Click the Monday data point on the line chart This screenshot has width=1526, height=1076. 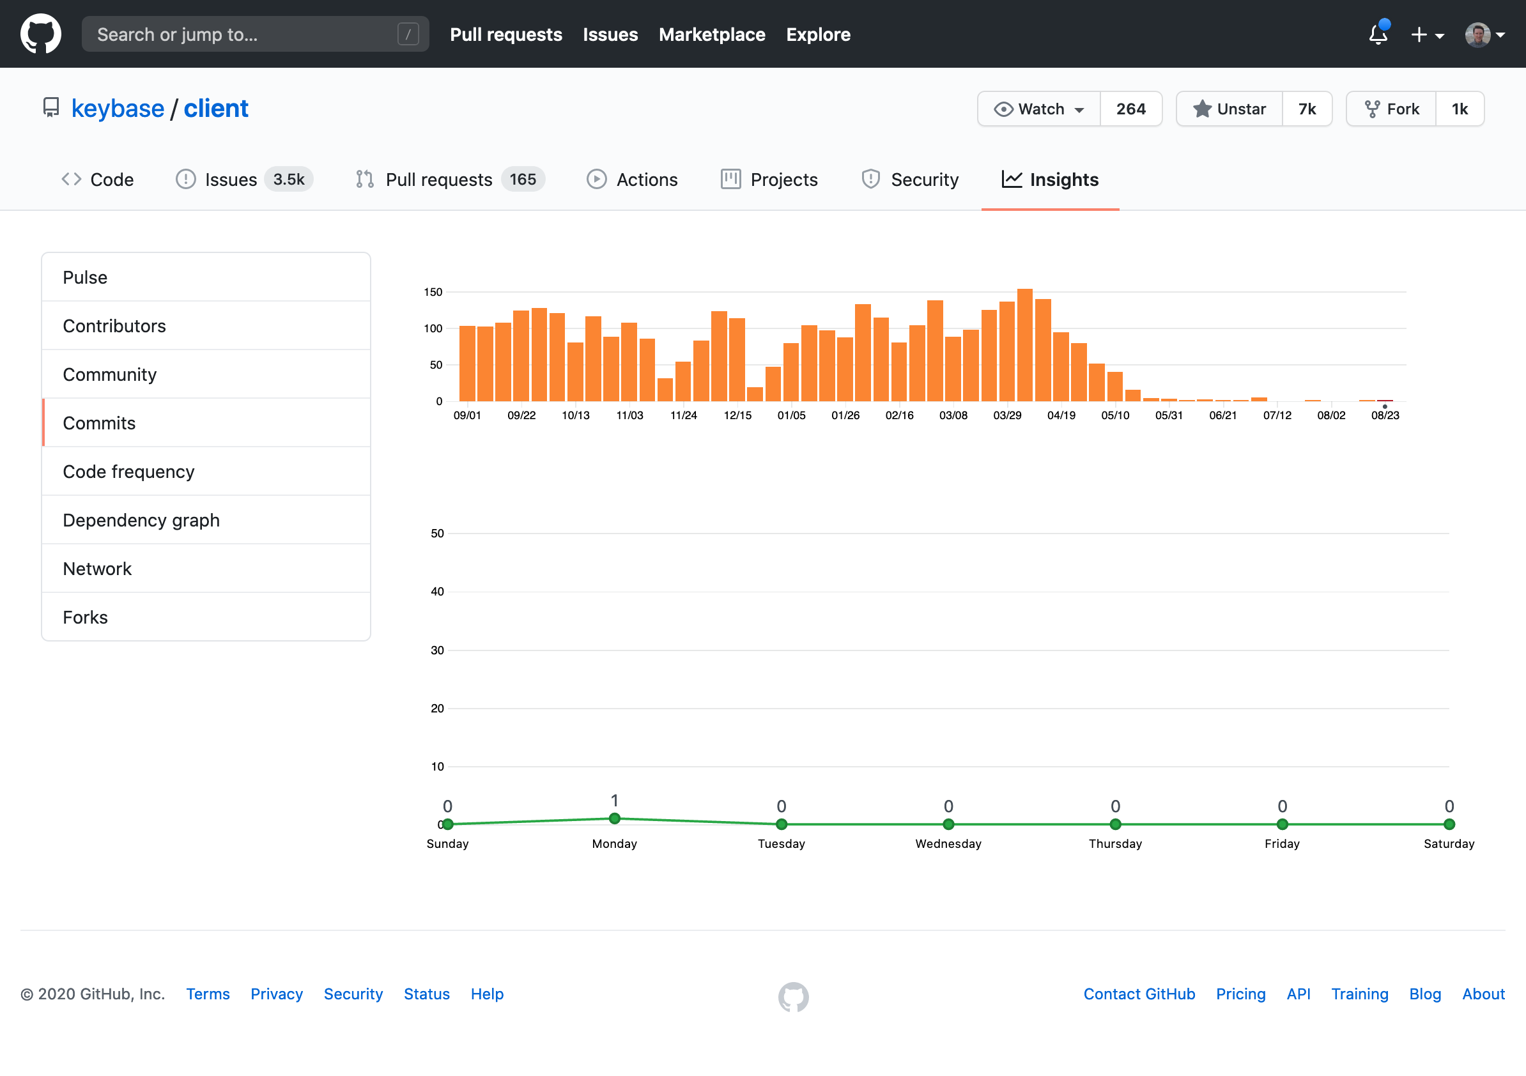614,818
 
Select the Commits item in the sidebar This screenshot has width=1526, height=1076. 99,423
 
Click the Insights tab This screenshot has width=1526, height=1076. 1050,180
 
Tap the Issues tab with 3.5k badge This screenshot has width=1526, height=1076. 243,180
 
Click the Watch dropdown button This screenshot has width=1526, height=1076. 1039,109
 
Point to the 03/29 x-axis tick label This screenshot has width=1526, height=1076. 1007,415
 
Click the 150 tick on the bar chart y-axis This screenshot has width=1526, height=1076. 433,292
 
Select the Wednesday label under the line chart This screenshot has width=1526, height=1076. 948,843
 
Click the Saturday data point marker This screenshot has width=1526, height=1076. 1449,824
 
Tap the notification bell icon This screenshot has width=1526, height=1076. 1378,35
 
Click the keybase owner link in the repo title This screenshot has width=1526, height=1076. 118,109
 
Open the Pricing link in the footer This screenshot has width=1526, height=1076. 1240,994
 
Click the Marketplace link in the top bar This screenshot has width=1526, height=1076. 712,35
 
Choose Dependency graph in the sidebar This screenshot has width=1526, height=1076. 141,519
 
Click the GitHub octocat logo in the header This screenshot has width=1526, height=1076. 40,34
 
